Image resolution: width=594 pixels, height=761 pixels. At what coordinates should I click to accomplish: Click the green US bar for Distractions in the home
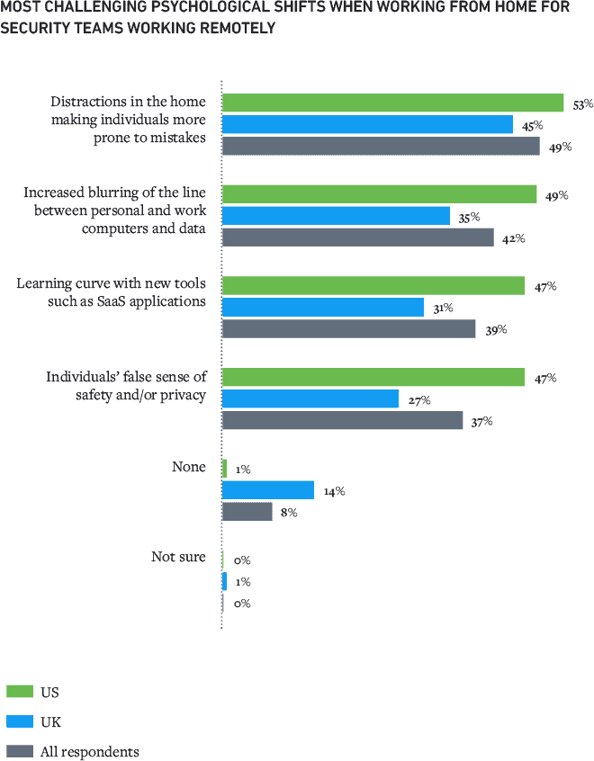click(392, 103)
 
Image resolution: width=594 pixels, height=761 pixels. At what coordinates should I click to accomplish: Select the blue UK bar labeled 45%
click(367, 124)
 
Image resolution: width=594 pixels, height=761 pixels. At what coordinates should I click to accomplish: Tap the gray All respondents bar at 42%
click(357, 237)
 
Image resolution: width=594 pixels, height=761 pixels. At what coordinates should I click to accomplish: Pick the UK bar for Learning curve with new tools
click(322, 308)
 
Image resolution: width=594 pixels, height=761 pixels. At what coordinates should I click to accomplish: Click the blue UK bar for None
click(267, 489)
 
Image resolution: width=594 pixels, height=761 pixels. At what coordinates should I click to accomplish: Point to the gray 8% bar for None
click(247, 511)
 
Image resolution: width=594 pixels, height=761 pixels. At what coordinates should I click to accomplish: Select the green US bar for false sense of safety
click(373, 378)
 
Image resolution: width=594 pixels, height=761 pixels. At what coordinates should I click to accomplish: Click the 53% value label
click(581, 105)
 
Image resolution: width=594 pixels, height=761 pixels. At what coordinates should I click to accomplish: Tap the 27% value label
click(418, 400)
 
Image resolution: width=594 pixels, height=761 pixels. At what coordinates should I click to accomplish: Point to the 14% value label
click(334, 491)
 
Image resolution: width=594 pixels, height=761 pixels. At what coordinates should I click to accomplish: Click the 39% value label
click(496, 330)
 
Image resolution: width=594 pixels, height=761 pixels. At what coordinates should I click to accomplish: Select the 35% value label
click(469, 218)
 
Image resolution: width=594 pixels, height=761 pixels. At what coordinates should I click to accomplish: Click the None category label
click(189, 468)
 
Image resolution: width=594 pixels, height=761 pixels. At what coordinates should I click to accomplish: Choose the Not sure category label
click(178, 558)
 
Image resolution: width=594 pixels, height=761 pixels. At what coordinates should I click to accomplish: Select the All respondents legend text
click(88, 751)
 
